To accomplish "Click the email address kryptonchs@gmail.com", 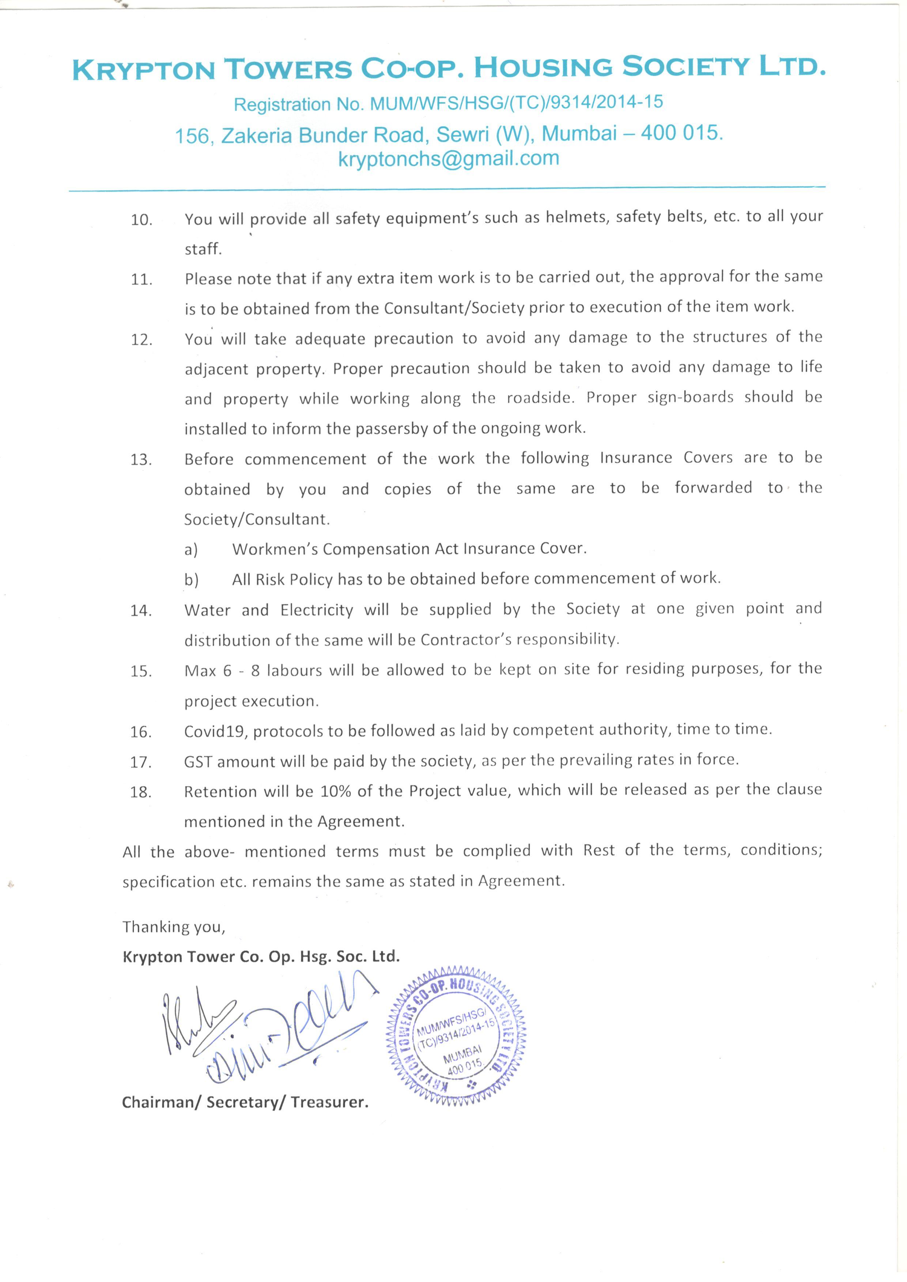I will [449, 159].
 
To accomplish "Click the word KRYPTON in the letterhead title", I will [144, 70].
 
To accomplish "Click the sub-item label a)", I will [191, 550].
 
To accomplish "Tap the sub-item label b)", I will [191, 580].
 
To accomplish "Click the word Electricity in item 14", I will [317, 610].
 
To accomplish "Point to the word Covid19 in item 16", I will [215, 731].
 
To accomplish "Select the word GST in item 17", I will [198, 761].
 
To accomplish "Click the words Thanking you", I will [174, 927].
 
